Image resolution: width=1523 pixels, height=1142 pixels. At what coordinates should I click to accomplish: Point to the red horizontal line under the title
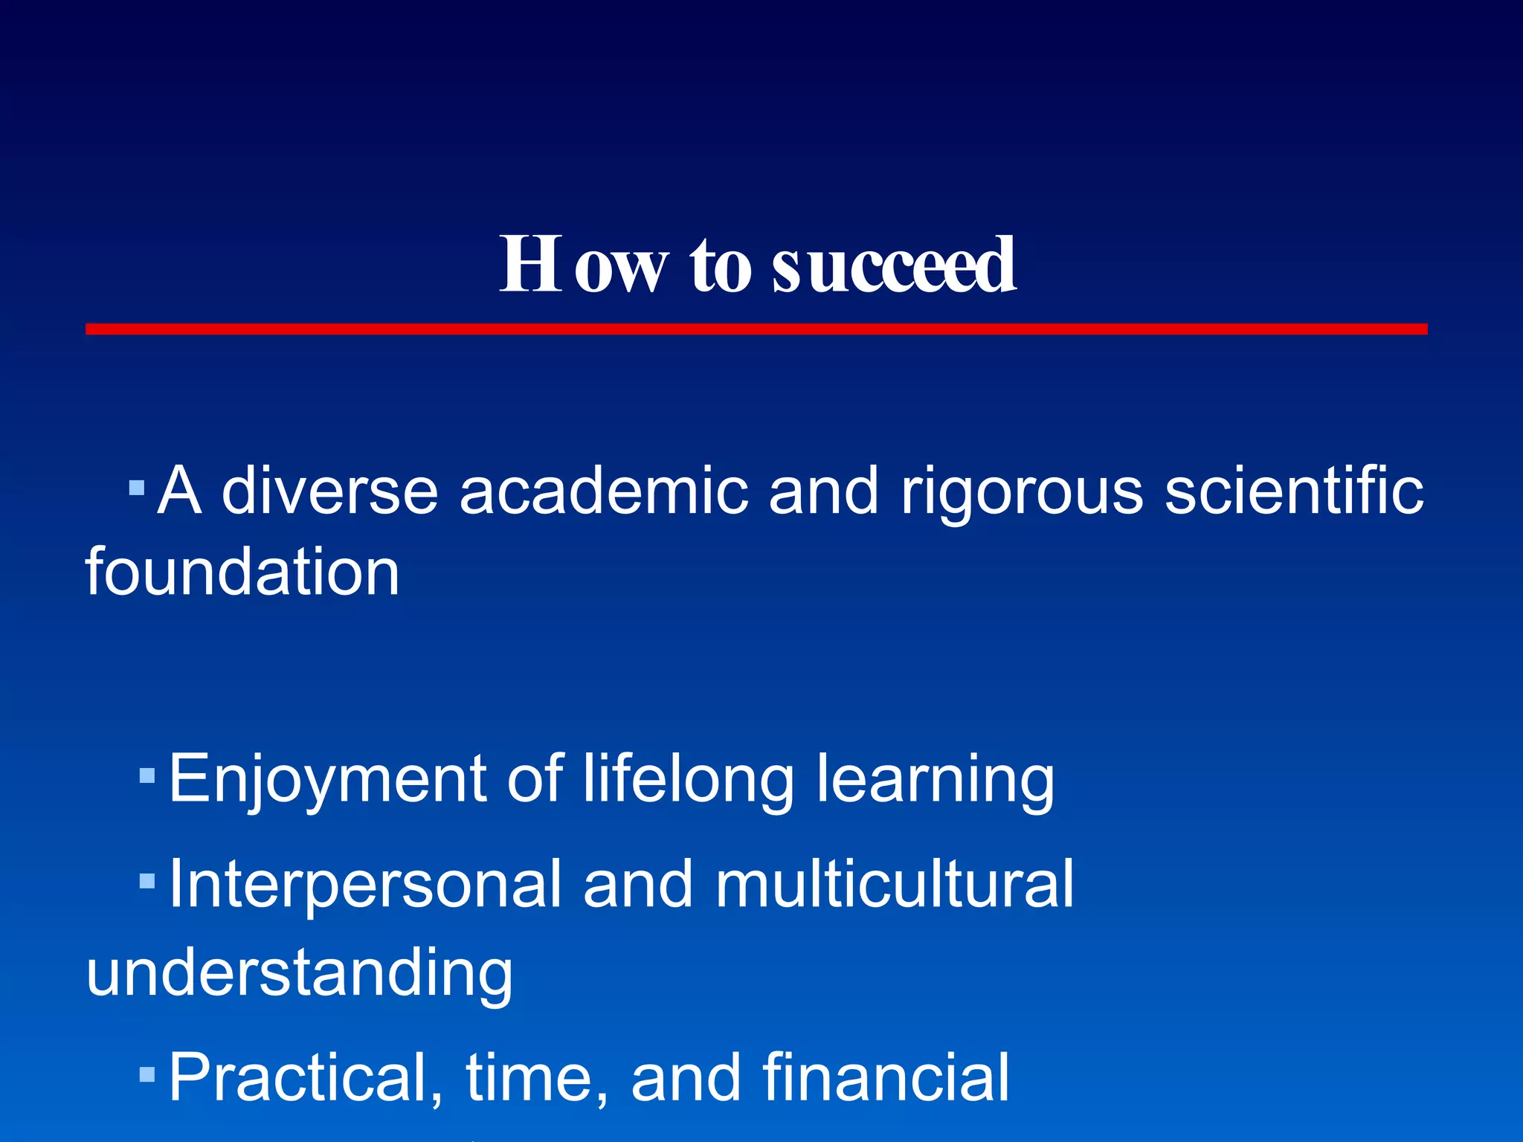point(756,329)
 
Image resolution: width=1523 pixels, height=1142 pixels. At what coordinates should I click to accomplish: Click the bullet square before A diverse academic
point(136,488)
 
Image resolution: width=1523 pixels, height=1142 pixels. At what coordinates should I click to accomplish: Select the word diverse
point(329,491)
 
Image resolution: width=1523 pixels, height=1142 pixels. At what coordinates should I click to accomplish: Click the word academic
point(603,491)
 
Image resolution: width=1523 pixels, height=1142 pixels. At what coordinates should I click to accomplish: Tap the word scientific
point(1294,491)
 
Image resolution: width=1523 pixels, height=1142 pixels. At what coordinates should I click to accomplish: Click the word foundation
point(242,572)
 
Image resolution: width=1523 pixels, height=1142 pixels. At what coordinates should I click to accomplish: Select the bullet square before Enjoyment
point(147,776)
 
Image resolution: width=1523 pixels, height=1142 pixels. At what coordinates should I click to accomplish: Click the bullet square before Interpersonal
point(147,882)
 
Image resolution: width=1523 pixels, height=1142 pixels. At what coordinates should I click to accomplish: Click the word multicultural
point(895,883)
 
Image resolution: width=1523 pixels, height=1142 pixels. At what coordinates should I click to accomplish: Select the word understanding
point(300,974)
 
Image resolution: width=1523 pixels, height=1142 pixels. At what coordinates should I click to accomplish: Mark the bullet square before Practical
point(147,1074)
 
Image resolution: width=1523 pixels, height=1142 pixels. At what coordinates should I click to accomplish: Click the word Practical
point(306,1078)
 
